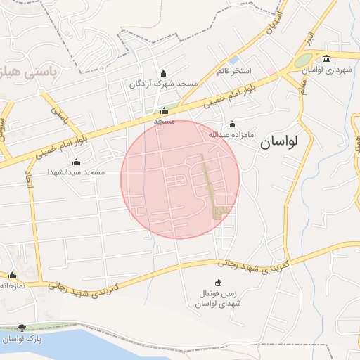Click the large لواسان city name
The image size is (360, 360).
tap(279, 141)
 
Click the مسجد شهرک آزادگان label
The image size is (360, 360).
tap(164, 84)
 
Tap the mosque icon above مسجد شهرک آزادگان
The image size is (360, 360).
tap(164, 72)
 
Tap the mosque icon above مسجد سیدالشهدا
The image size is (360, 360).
tap(76, 162)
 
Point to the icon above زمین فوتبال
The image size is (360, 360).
tap(217, 283)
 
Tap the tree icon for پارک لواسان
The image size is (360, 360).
tap(22, 328)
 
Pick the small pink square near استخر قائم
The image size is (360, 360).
tap(271, 71)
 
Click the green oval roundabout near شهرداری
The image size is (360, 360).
tap(304, 60)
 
